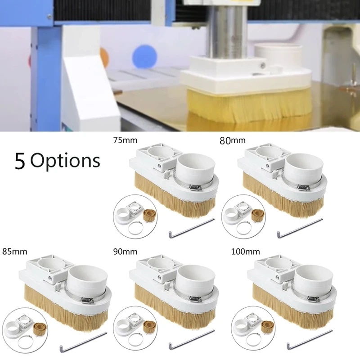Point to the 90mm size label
coord(126,251)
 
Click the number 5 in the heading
coord(19,161)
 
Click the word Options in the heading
coord(65,161)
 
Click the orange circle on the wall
coord(104,58)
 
